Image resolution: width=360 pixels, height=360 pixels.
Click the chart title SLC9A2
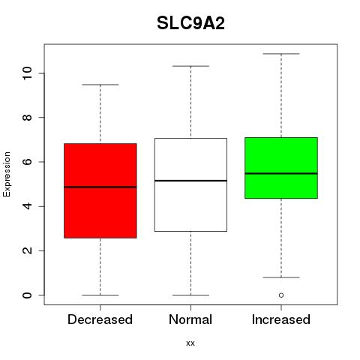click(190, 23)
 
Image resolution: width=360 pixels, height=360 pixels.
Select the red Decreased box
click(100, 190)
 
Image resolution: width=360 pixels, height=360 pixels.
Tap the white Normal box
click(190, 184)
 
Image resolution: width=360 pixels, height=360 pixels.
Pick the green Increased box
click(281, 168)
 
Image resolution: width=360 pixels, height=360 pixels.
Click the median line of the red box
click(100, 187)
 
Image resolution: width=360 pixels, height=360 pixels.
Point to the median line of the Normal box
click(190, 181)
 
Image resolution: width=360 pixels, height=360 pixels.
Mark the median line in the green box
click(281, 173)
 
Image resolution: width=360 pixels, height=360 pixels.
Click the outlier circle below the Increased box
click(281, 295)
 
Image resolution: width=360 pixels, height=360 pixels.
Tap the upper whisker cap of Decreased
click(100, 85)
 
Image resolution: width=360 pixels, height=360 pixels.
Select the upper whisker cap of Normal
click(190, 66)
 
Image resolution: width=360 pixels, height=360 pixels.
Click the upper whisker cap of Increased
click(281, 54)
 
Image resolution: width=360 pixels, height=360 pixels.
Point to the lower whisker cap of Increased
click(281, 277)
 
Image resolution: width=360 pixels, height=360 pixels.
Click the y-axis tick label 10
click(28, 73)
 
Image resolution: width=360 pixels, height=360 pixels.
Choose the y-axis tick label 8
click(28, 118)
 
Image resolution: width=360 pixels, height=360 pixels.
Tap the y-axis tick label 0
click(28, 295)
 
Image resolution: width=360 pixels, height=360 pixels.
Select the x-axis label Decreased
click(100, 319)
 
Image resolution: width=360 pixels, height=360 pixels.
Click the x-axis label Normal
click(190, 319)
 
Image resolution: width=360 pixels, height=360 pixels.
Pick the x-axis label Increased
click(281, 319)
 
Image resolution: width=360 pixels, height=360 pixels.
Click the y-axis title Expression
click(7, 174)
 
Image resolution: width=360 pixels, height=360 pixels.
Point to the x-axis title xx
click(190, 343)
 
